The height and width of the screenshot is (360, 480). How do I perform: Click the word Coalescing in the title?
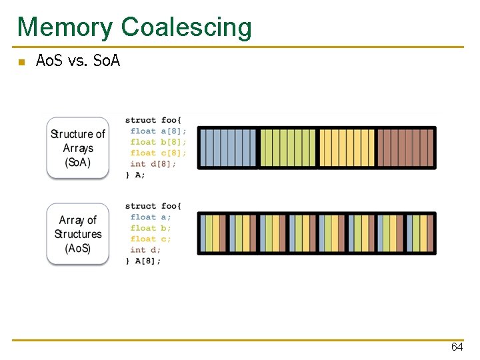tap(187, 27)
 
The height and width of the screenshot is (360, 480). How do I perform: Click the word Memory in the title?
tap(65, 27)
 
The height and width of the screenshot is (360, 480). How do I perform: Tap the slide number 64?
tap(457, 347)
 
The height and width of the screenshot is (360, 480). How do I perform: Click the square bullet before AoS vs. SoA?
tap(21, 63)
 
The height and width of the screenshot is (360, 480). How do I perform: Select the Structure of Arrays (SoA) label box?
tap(77, 148)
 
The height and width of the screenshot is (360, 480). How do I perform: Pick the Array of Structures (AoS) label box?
tap(77, 234)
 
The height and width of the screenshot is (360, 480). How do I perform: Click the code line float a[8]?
tap(158, 131)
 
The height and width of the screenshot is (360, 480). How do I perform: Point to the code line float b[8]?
tap(158, 142)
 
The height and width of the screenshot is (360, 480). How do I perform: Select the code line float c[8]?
tap(158, 153)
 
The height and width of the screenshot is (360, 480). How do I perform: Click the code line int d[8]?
tap(153, 164)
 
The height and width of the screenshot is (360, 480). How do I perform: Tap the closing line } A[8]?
tap(143, 261)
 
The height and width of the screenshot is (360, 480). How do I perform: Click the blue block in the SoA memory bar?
tap(228, 148)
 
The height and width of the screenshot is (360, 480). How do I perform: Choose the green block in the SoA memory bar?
tap(287, 148)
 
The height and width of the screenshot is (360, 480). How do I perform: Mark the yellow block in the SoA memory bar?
tap(347, 148)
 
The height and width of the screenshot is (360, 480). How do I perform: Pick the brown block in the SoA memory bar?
tap(405, 148)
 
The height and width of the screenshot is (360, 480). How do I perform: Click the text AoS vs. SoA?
tap(77, 62)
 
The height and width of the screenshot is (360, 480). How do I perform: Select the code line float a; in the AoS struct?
tap(151, 217)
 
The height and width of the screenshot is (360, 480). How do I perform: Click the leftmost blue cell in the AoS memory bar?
tap(203, 233)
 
